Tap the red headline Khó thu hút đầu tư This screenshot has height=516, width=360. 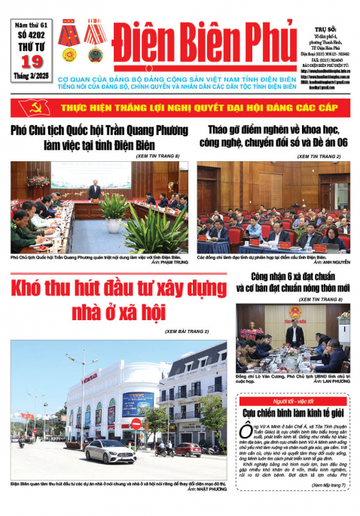[x=121, y=298]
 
